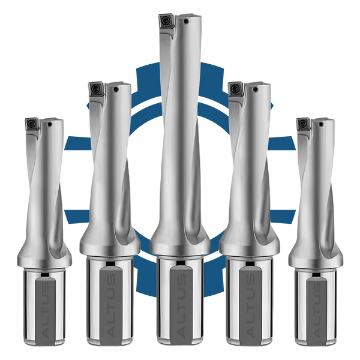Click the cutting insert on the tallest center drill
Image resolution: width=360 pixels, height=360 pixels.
click(166, 22)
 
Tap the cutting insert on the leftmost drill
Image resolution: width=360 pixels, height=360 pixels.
click(32, 125)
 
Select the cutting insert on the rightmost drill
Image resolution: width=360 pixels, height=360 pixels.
click(303, 125)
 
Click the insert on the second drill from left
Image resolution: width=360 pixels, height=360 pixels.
click(95, 88)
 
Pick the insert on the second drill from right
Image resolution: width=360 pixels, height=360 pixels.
click(235, 88)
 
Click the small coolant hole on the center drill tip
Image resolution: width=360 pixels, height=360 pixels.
click(186, 22)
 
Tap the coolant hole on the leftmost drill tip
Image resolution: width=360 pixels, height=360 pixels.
click(50, 124)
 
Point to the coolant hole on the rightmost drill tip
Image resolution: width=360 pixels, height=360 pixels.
click(321, 124)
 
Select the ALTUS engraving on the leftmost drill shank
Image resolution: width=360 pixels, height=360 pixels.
click(46, 310)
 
